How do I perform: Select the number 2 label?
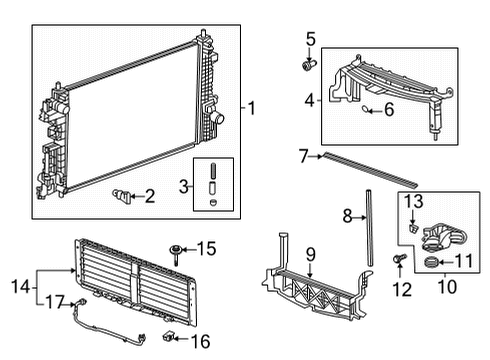click(150, 197)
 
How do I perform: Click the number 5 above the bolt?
click(310, 40)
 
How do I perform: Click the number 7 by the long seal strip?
click(302, 155)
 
